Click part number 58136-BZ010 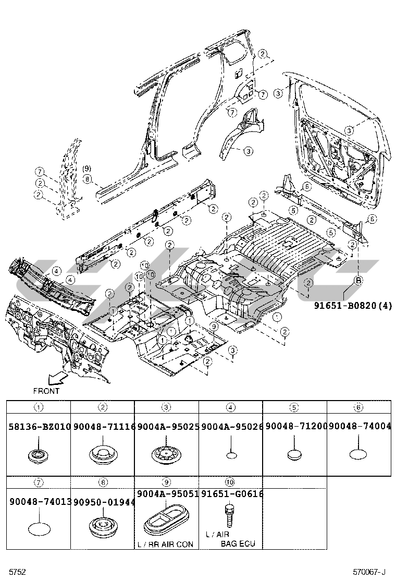pyautogui.click(x=39, y=427)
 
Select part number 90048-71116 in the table pyautogui.click(x=103, y=427)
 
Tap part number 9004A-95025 pyautogui.click(x=167, y=427)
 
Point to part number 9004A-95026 pyautogui.click(x=231, y=427)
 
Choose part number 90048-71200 pyautogui.click(x=295, y=427)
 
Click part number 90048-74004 pyautogui.click(x=359, y=427)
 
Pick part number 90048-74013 pyautogui.click(x=39, y=502)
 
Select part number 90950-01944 pyautogui.click(x=103, y=502)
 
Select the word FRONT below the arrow pyautogui.click(x=46, y=391)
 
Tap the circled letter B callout pyautogui.click(x=358, y=281)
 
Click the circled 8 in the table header pyautogui.click(x=103, y=482)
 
